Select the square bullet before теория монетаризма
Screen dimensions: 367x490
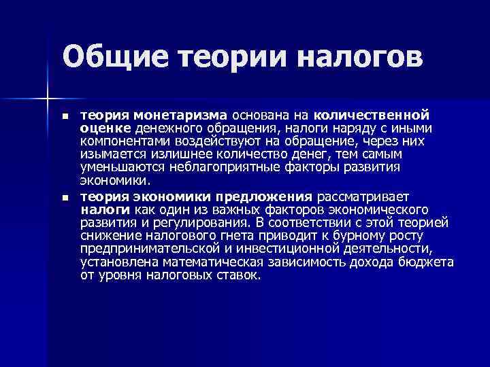(x=65, y=118)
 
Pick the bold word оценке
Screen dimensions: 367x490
(x=105, y=128)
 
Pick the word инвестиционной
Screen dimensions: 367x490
(x=299, y=248)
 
